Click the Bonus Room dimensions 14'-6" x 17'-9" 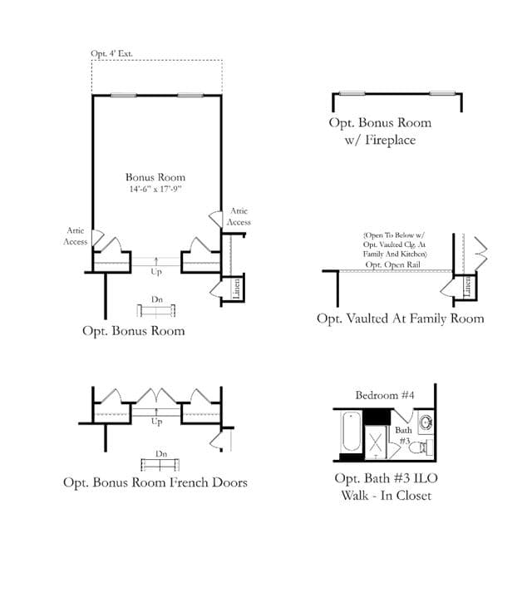click(x=155, y=189)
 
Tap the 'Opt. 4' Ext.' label click(x=111, y=53)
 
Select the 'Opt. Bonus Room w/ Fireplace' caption click(x=380, y=131)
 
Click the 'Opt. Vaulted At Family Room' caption click(x=400, y=319)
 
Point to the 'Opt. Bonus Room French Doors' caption click(x=155, y=482)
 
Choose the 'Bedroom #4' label click(x=385, y=395)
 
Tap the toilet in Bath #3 click(x=421, y=447)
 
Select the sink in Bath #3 click(x=426, y=423)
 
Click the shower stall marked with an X click(x=376, y=442)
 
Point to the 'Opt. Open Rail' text click(x=392, y=264)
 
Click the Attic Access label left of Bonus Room click(x=75, y=236)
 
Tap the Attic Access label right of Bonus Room click(x=239, y=216)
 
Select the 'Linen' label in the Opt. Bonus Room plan click(x=236, y=289)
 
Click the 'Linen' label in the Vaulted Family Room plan click(x=467, y=286)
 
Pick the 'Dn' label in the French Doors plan click(x=161, y=454)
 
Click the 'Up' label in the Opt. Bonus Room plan click(x=156, y=271)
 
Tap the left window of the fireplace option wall click(x=352, y=93)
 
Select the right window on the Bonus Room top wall click(x=190, y=96)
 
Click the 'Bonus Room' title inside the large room click(x=155, y=177)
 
